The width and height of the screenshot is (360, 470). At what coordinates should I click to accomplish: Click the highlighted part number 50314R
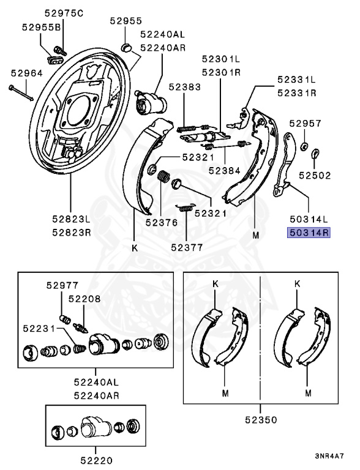click(x=309, y=233)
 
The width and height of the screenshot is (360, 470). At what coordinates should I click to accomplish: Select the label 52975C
click(x=64, y=13)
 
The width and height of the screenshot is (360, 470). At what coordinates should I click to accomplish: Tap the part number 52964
click(x=27, y=73)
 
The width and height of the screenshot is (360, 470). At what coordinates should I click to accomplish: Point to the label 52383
click(x=184, y=87)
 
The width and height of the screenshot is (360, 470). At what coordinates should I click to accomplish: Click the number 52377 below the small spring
click(x=187, y=247)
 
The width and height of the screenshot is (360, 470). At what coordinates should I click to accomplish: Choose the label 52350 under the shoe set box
click(x=261, y=420)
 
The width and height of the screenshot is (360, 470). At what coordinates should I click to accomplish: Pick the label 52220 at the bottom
click(x=96, y=460)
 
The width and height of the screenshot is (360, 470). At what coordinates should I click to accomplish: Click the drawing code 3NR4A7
click(x=329, y=456)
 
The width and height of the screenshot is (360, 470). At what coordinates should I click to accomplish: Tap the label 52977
click(x=62, y=285)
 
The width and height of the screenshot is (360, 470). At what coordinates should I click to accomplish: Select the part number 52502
click(x=315, y=176)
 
